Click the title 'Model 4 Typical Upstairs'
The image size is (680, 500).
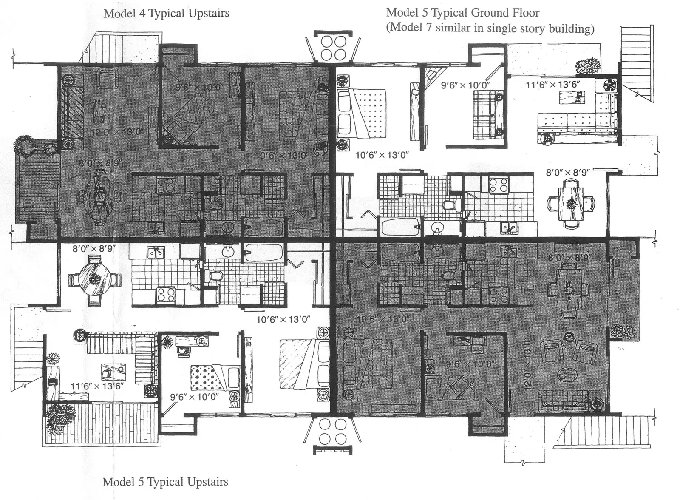pos(166,14)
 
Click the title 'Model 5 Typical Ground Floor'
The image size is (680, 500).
pos(462,13)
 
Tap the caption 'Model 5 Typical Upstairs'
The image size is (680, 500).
pos(165,482)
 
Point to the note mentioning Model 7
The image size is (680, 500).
pos(490,28)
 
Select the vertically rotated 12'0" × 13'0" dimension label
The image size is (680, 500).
pos(527,364)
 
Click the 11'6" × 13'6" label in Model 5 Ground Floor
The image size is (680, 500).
pos(552,85)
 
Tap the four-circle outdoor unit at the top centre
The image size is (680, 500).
pos(333,48)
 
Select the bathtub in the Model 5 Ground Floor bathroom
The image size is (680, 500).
pos(401,227)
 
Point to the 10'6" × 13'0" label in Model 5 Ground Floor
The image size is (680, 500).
pos(382,155)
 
